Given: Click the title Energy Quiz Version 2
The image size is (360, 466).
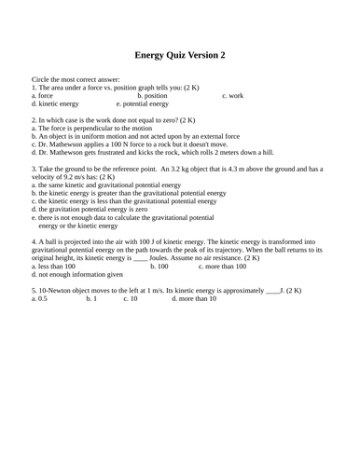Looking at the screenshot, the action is click(180, 55).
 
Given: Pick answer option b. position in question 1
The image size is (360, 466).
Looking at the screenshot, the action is click(152, 95).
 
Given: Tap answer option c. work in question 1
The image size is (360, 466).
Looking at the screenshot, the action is click(232, 95).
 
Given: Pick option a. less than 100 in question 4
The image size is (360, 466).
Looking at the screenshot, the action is click(53, 266).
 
